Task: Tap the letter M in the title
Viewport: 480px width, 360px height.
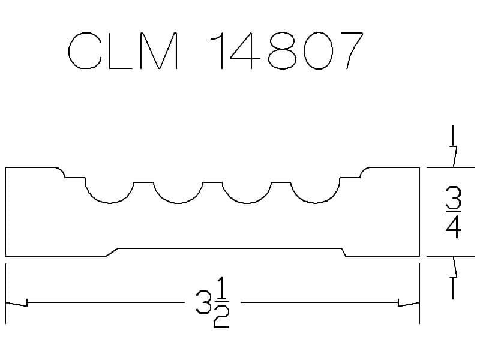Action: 159,50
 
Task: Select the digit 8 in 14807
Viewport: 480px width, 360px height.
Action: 282,50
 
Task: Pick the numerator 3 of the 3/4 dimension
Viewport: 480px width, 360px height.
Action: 454,198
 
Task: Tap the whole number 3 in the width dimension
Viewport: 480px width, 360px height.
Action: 203,302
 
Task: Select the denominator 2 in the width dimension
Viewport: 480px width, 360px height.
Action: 221,317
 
